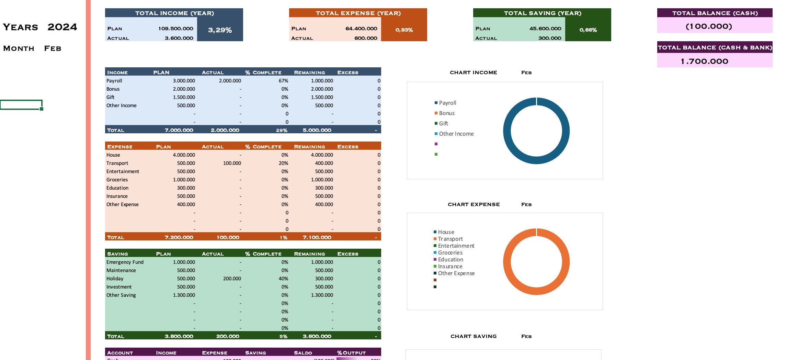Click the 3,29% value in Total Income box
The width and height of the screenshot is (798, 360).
[x=220, y=30]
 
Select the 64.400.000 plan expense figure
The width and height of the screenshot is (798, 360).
[x=361, y=29]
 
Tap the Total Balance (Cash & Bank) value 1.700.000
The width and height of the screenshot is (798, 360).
[x=704, y=61]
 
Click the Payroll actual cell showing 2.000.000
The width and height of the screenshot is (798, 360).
[x=230, y=81]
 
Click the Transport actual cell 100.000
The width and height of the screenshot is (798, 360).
[x=232, y=163]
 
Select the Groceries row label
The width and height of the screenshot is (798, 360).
[x=117, y=180]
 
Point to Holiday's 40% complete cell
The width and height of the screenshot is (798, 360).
[x=283, y=279]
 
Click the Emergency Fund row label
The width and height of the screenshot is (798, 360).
[x=125, y=262]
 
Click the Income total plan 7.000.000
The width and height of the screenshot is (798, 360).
[x=179, y=130]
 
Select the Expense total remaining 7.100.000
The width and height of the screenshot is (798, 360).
[x=317, y=237]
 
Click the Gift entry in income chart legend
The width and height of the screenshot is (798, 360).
[x=443, y=123]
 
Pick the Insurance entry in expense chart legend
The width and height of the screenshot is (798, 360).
[x=450, y=266]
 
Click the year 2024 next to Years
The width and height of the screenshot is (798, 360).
[x=62, y=27]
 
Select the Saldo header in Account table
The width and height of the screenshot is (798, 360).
[x=303, y=353]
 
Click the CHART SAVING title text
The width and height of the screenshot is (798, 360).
[x=474, y=336]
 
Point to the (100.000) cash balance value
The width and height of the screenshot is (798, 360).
[x=709, y=26]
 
